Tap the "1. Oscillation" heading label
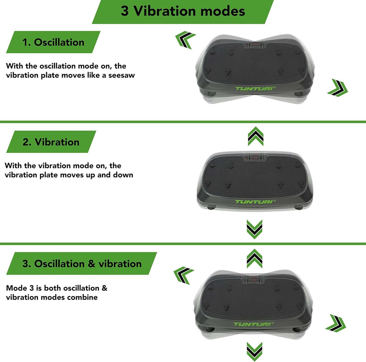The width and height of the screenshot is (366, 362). tap(53, 42)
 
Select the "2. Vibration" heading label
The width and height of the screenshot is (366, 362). tap(51, 142)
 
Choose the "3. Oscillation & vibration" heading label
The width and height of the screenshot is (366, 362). tap(82, 263)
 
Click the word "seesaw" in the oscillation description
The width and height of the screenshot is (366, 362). tap(122, 75)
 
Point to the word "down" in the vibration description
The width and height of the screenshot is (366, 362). tap(123, 175)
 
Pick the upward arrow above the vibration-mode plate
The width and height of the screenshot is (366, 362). tap(256, 136)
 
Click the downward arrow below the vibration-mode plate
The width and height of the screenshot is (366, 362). tap(254, 229)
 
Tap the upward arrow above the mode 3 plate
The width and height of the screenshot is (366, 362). tap(254, 259)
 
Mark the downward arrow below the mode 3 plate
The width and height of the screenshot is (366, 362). tap(254, 352)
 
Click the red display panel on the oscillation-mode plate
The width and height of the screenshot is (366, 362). tap(256, 45)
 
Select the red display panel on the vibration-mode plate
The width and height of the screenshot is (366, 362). tap(256, 158)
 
